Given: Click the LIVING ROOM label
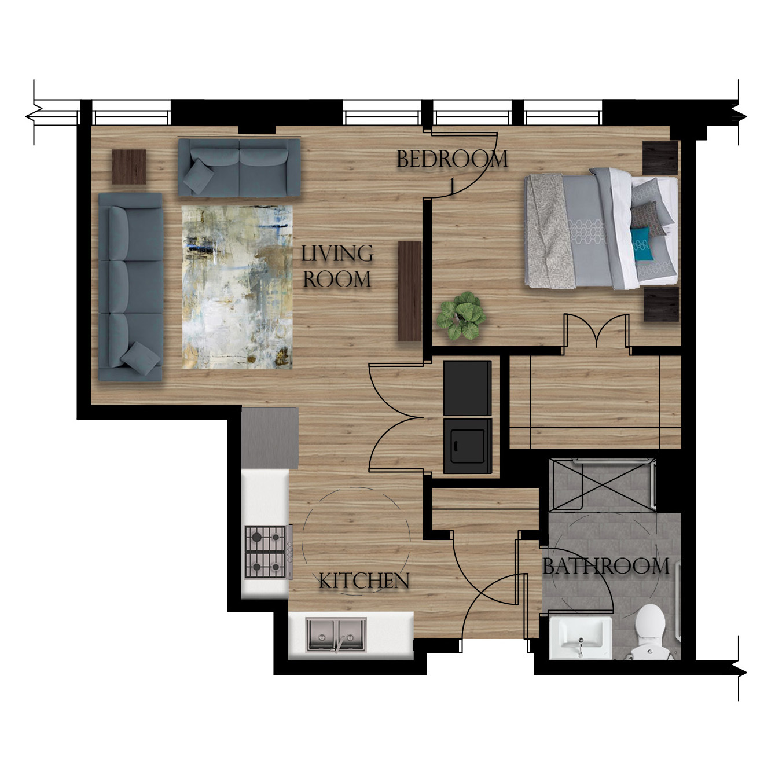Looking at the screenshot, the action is (337, 266).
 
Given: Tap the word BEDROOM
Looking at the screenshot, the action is (452, 159).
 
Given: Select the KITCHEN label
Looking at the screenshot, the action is (363, 581).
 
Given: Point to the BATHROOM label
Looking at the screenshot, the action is (605, 566).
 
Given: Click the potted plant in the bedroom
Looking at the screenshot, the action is (461, 315).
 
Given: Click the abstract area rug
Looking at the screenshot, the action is (237, 287).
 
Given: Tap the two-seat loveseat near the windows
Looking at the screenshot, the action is (239, 167).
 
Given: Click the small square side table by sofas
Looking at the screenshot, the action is (128, 167).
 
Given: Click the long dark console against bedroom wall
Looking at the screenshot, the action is (409, 291).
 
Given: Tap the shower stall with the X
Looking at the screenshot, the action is (603, 484).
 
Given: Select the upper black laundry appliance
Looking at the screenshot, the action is (467, 388).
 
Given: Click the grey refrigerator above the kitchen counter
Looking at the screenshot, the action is (270, 438).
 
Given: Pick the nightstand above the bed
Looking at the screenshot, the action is (660, 157).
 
